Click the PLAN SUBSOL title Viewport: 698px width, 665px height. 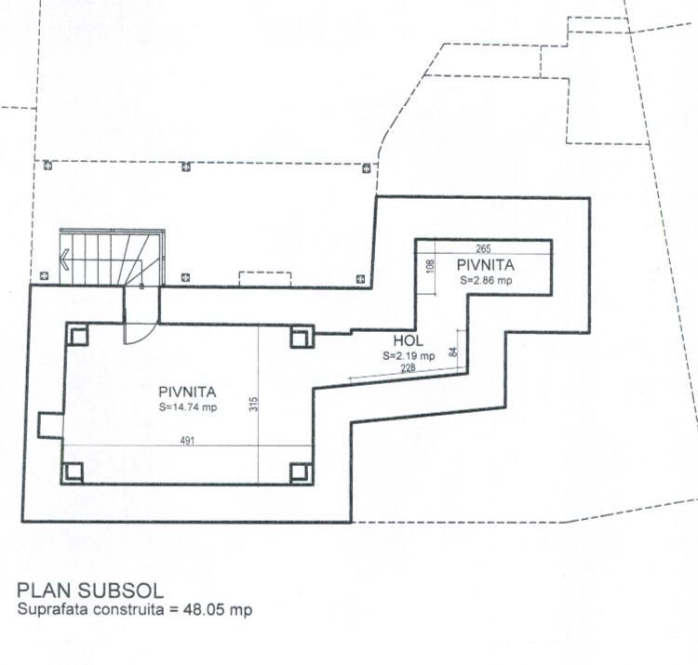coord(90,590)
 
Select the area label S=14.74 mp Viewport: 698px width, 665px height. coord(187,407)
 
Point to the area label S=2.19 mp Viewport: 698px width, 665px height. coord(408,355)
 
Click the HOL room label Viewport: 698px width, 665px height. coord(409,341)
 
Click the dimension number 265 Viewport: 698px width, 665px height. coord(482,248)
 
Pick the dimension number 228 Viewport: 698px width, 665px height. coord(409,369)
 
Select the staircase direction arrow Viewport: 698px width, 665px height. coord(66,261)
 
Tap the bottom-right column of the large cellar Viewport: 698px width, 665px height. coord(300,472)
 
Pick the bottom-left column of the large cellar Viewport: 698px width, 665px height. coord(74,472)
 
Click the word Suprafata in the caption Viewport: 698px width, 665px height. coord(50,610)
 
